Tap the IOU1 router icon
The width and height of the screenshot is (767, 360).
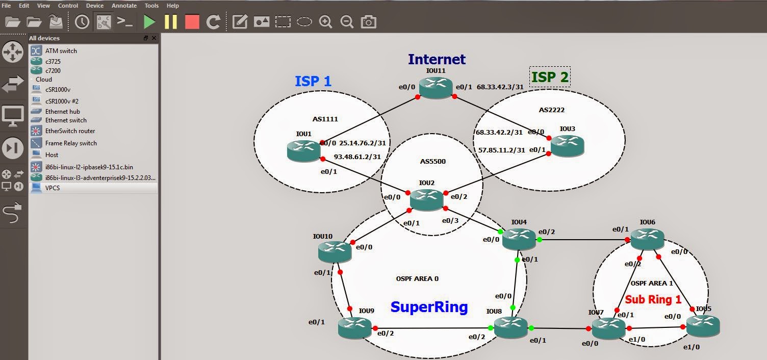click(x=304, y=151)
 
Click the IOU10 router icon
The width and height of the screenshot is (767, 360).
click(x=335, y=252)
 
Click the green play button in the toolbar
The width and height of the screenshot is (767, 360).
click(x=149, y=21)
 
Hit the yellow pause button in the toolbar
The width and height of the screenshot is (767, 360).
click(x=170, y=21)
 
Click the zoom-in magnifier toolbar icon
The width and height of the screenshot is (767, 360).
click(x=325, y=22)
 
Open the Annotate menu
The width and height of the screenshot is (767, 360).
click(x=124, y=6)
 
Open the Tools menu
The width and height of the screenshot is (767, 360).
click(x=151, y=6)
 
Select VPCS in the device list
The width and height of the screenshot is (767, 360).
click(x=53, y=188)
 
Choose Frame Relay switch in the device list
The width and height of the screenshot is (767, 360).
click(x=71, y=143)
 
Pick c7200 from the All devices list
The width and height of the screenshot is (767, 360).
click(x=53, y=70)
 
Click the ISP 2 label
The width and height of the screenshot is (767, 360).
click(x=550, y=76)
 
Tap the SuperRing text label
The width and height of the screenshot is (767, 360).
click(x=429, y=307)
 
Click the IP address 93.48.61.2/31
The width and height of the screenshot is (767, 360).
click(x=357, y=157)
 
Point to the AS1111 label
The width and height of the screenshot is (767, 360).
click(x=325, y=119)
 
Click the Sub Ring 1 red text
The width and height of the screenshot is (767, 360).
click(x=653, y=299)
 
